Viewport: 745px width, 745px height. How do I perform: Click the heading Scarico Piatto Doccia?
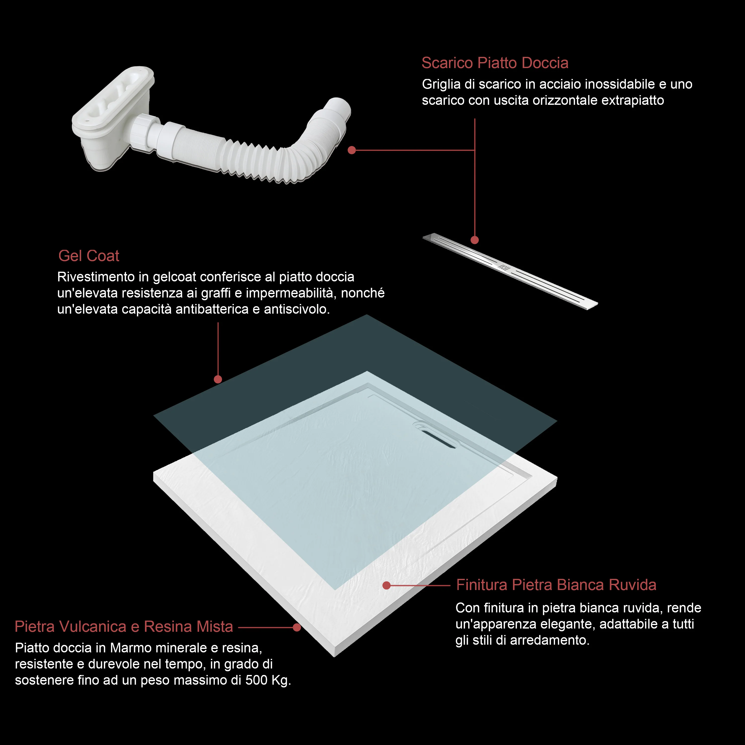pyautogui.click(x=495, y=63)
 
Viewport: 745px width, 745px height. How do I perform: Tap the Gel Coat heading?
pyautogui.click(x=89, y=256)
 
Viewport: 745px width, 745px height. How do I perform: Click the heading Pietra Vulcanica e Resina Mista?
pyautogui.click(x=124, y=626)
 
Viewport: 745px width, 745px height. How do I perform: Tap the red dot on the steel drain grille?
pyautogui.click(x=475, y=240)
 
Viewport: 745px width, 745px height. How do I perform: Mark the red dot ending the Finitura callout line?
pyautogui.click(x=386, y=585)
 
